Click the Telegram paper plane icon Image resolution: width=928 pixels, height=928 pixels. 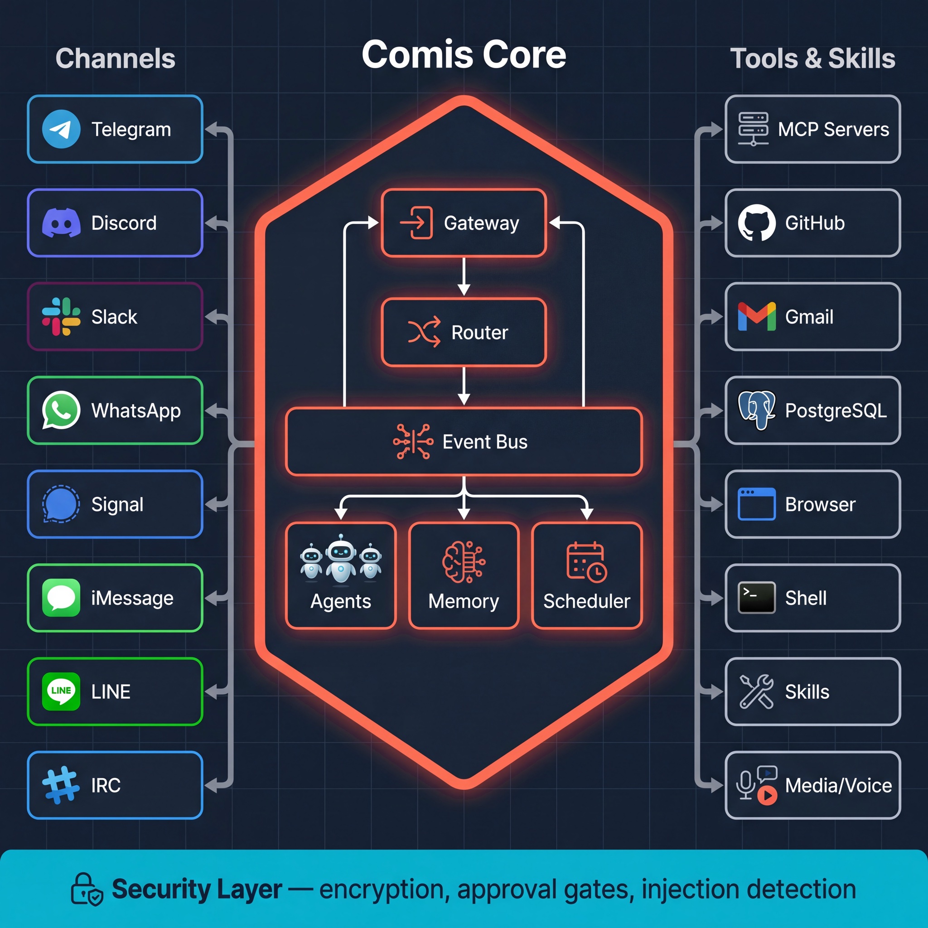61,129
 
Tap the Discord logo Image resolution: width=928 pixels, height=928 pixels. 61,223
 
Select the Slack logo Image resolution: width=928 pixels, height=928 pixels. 61,317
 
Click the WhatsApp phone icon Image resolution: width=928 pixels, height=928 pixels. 61,410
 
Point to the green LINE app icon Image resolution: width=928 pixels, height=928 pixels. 61,691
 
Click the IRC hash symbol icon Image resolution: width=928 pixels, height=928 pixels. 61,785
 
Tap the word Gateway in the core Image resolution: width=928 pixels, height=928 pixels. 481,223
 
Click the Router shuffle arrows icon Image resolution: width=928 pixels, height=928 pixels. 424,332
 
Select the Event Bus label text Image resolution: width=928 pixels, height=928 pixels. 485,442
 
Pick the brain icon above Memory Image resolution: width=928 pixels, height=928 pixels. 464,562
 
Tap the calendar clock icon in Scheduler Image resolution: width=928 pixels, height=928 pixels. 586,562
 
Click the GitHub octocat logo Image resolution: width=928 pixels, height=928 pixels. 757,223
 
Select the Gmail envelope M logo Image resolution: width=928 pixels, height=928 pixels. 757,317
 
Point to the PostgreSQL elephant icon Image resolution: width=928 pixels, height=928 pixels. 757,410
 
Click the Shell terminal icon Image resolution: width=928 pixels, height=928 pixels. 757,598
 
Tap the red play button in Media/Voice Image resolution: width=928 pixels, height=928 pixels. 767,795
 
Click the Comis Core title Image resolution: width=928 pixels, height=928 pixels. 464,54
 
